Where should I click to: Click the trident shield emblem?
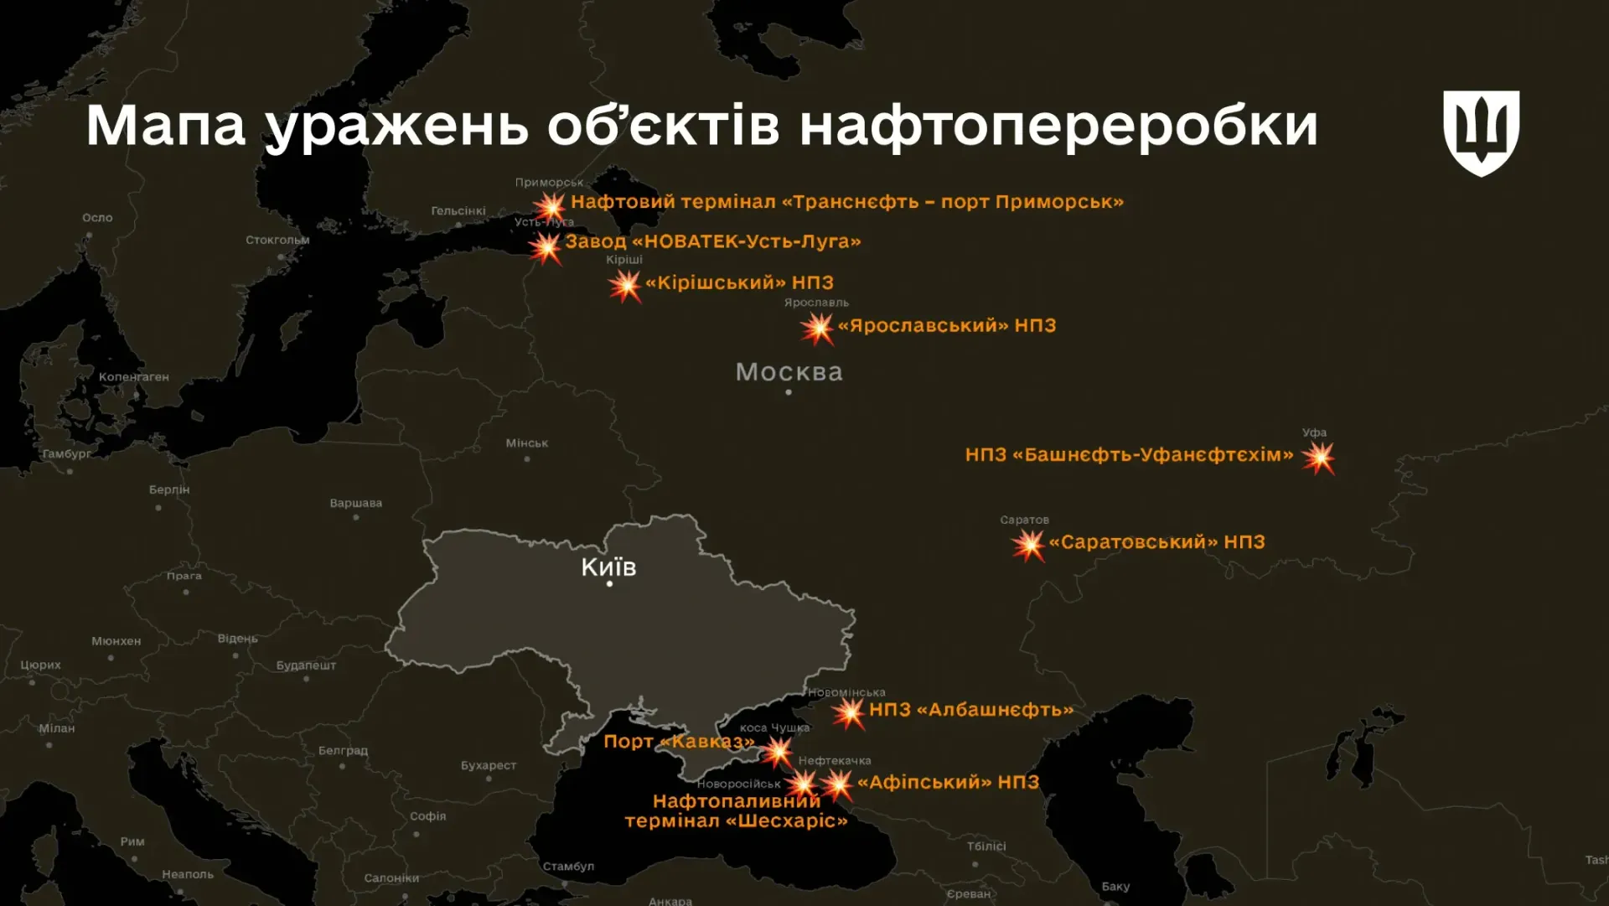point(1481,132)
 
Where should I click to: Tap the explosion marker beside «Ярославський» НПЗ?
point(817,328)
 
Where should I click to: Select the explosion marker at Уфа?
point(1318,458)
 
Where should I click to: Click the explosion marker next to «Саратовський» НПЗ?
point(1028,546)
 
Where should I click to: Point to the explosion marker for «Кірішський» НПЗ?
point(625,286)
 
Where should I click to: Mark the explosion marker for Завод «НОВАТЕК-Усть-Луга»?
point(546,247)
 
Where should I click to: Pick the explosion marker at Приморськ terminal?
point(551,206)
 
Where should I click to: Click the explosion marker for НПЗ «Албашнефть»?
point(849,712)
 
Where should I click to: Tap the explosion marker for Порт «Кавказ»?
point(778,751)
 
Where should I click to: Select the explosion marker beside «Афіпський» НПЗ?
point(836,784)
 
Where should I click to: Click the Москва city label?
point(789,372)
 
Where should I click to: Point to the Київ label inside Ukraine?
point(608,567)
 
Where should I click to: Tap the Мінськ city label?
point(526,443)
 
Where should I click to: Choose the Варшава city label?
point(355,503)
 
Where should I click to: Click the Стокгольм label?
point(277,240)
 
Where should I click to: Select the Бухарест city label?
point(488,765)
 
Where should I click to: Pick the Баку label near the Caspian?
point(1115,886)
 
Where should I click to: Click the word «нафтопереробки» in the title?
point(1058,126)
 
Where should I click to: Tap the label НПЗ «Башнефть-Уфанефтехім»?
point(1129,455)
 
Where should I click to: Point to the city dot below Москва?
point(789,392)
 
